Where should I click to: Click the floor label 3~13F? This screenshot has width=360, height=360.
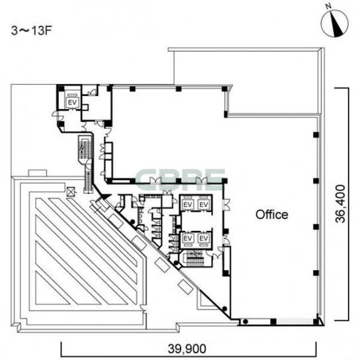click(x=30, y=30)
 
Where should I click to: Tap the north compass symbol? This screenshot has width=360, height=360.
click(x=334, y=24)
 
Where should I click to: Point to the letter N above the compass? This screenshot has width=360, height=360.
click(x=328, y=7)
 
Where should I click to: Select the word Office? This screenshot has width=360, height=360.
click(x=272, y=214)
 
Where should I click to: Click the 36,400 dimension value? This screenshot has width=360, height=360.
click(x=340, y=204)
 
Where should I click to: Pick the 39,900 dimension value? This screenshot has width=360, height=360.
click(x=187, y=349)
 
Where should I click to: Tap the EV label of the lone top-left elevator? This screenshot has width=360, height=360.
click(x=72, y=103)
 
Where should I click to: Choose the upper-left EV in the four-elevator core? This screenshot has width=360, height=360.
click(x=187, y=204)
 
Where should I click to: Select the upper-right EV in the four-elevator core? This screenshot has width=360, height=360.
click(x=203, y=204)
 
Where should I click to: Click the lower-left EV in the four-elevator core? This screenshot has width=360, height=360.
click(x=187, y=239)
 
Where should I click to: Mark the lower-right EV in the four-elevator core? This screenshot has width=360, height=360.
click(x=203, y=239)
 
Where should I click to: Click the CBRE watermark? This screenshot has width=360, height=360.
click(x=180, y=180)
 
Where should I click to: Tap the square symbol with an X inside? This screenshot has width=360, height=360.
click(x=71, y=192)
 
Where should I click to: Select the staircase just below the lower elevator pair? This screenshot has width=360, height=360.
click(x=195, y=258)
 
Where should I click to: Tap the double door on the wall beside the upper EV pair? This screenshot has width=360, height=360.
click(x=226, y=204)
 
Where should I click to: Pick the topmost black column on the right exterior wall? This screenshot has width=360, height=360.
click(x=316, y=135)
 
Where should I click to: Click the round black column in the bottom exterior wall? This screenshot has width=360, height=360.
click(x=246, y=322)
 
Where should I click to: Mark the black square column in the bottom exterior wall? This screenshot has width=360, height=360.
click(x=273, y=322)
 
